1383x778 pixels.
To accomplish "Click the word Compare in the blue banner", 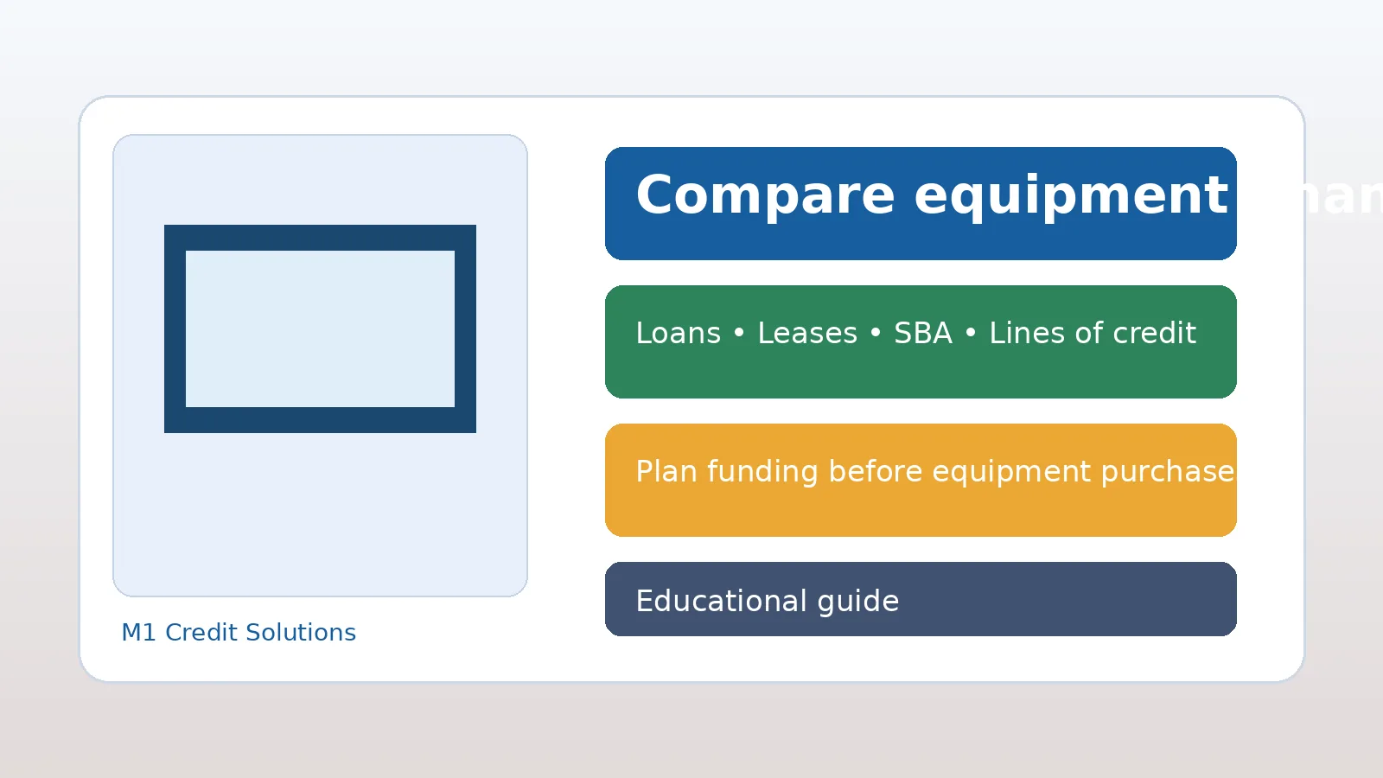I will pyautogui.click(x=764, y=195).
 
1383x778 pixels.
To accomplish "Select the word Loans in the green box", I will pyautogui.click(x=678, y=334).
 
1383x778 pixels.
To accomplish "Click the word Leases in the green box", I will pyautogui.click(x=807, y=334).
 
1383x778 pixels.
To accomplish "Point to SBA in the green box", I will pyautogui.click(x=922, y=334).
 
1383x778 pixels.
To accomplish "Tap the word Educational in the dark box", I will pyautogui.click(x=720, y=602).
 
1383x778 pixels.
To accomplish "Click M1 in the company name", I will pyautogui.click(x=138, y=633).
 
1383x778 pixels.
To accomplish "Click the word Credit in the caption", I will pyautogui.click(x=200, y=633).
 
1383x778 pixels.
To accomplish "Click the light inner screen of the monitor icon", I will pyautogui.click(x=320, y=328).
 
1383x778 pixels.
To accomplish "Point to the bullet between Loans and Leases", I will pyautogui.click(x=739, y=334).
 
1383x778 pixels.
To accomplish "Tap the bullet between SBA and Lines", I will pyautogui.click(x=971, y=334).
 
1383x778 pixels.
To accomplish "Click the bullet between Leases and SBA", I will pyautogui.click(x=876, y=334).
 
